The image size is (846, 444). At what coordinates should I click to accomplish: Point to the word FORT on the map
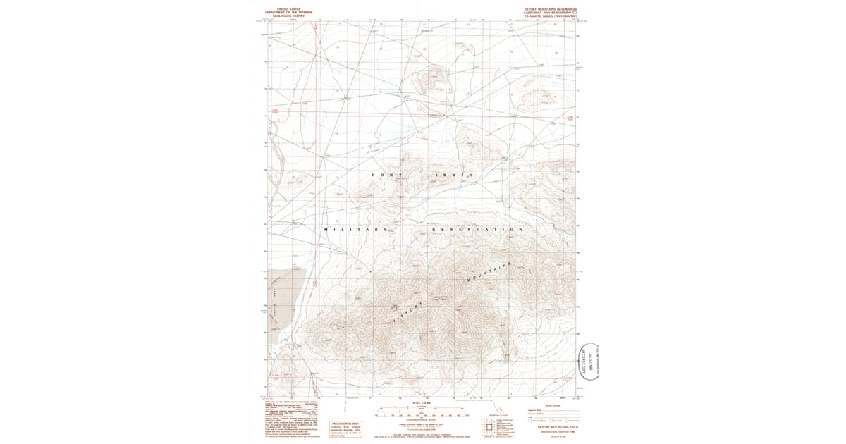click(x=386, y=175)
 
